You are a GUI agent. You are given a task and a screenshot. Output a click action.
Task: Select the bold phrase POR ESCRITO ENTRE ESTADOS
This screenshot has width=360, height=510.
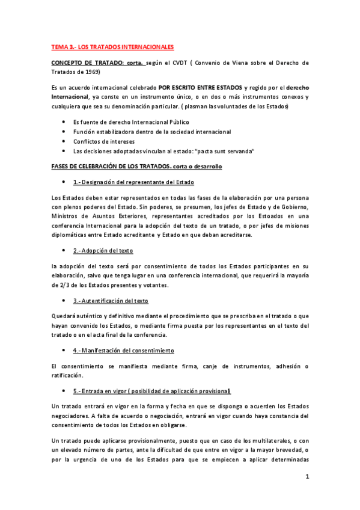coord(201,88)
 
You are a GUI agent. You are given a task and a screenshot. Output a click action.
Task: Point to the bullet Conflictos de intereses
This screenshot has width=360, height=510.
coord(104,141)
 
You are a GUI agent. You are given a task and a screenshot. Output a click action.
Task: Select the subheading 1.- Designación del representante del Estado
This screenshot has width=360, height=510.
coord(133,182)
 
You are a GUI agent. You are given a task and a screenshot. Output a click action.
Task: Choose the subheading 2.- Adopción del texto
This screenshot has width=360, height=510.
coord(103,250)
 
